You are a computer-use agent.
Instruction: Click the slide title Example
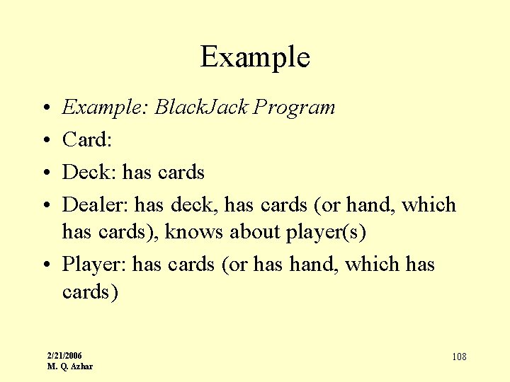pos(255,57)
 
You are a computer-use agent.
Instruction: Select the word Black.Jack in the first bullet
pos(201,108)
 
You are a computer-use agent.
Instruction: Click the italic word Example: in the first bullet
pos(106,108)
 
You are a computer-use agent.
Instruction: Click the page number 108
pos(459,357)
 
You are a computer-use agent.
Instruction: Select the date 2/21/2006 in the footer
pos(64,355)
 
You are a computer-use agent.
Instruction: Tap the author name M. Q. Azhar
pos(69,366)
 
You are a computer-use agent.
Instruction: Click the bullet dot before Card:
pos(45,141)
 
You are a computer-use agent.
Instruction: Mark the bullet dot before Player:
pos(45,265)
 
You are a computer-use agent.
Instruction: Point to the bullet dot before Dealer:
pos(45,206)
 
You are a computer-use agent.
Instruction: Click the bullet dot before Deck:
pos(45,173)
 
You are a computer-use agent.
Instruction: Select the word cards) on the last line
pos(89,291)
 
